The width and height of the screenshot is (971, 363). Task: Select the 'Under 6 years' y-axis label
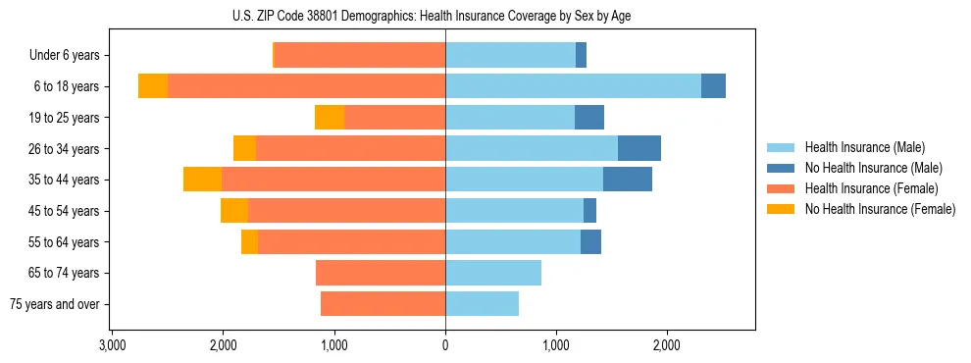pyautogui.click(x=64, y=55)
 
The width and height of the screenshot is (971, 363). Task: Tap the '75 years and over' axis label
pyautogui.click(x=55, y=304)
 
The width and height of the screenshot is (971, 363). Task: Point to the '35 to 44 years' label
pyautogui.click(x=64, y=180)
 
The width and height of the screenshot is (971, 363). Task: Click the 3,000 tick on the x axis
pyautogui.click(x=112, y=345)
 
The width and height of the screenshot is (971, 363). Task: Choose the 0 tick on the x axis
pyautogui.click(x=445, y=345)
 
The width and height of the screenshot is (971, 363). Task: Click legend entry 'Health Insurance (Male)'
pyautogui.click(x=864, y=147)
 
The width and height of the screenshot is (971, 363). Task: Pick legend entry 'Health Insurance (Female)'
pyautogui.click(x=871, y=188)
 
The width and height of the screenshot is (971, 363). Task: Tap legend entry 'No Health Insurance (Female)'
pyautogui.click(x=880, y=209)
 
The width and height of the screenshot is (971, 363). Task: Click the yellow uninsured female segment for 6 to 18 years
pyautogui.click(x=153, y=86)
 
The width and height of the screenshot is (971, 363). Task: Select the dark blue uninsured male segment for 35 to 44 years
pyautogui.click(x=628, y=180)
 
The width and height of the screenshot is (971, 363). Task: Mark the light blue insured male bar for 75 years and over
pyautogui.click(x=482, y=304)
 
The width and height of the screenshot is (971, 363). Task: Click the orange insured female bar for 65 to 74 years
pyautogui.click(x=381, y=273)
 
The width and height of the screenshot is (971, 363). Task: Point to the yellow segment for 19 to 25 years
pyautogui.click(x=330, y=118)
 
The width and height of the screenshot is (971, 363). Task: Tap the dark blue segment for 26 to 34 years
pyautogui.click(x=639, y=148)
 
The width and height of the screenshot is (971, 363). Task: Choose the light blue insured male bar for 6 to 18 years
pyautogui.click(x=573, y=86)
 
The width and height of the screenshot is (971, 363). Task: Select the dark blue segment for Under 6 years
pyautogui.click(x=581, y=55)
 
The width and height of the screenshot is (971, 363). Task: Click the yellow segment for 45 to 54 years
pyautogui.click(x=234, y=211)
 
